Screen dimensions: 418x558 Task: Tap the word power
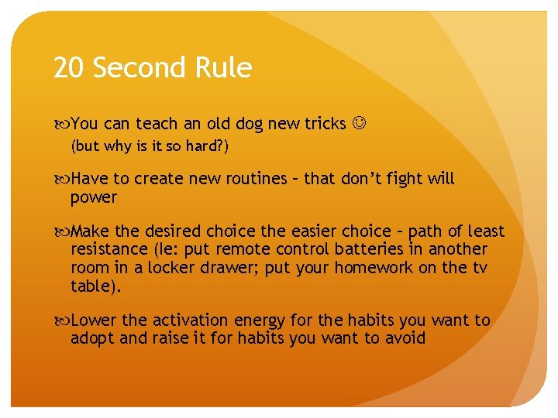click(93, 197)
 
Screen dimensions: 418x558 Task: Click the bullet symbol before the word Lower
click(61, 320)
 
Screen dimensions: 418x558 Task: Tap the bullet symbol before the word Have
click(61, 179)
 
